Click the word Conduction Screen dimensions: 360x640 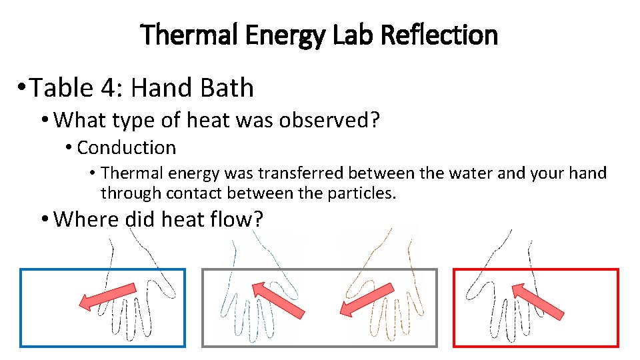coord(126,147)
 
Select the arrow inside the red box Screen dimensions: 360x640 coord(537,301)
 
